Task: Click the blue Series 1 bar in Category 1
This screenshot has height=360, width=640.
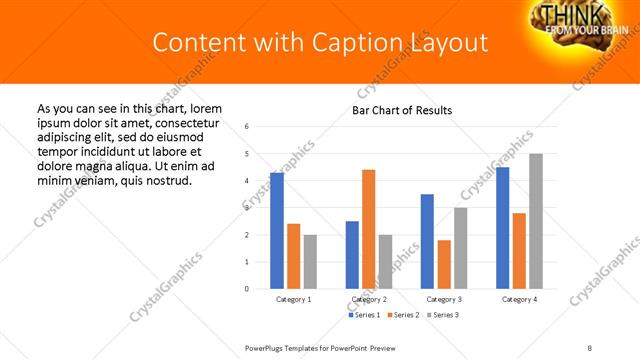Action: pyautogui.click(x=277, y=231)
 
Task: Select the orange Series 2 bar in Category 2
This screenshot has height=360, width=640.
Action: pyautogui.click(x=368, y=229)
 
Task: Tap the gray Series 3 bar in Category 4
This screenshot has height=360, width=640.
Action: pyautogui.click(x=536, y=221)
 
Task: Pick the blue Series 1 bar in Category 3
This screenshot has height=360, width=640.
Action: pyautogui.click(x=427, y=241)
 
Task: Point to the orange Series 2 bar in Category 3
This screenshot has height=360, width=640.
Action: pyautogui.click(x=444, y=264)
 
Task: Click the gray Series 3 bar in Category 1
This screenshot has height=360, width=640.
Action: pyautogui.click(x=310, y=262)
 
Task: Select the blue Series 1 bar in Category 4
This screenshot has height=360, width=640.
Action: pyautogui.click(x=502, y=228)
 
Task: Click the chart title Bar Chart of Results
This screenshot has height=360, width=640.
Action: pyautogui.click(x=402, y=110)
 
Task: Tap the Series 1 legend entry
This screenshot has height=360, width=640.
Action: pyautogui.click(x=363, y=315)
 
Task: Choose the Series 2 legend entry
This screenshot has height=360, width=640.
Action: pyautogui.click(x=402, y=315)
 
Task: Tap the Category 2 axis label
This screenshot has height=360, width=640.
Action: pyautogui.click(x=368, y=299)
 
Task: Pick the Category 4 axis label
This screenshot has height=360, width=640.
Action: pyautogui.click(x=519, y=299)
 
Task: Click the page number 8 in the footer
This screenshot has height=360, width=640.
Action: pyautogui.click(x=589, y=346)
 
